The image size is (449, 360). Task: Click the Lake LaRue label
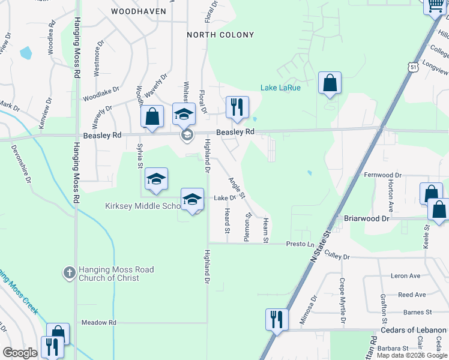[x=280, y=88]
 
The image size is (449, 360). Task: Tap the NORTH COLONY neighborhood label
[x=220, y=35]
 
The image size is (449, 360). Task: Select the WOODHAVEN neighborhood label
[x=137, y=11]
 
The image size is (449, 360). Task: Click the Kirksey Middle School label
[x=142, y=206]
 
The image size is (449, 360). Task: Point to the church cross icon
[x=69, y=273]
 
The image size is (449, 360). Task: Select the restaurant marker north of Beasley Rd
[x=237, y=107]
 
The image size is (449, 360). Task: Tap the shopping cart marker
[x=435, y=6]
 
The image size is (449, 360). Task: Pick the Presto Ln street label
[x=300, y=244]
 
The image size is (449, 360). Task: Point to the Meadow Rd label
[x=98, y=322]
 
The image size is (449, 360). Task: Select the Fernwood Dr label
[x=382, y=175]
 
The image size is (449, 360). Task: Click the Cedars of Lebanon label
[x=414, y=330]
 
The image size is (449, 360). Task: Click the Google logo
[x=20, y=353]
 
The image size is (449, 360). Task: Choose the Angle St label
[x=237, y=187]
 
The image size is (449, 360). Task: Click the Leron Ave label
[x=406, y=276]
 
